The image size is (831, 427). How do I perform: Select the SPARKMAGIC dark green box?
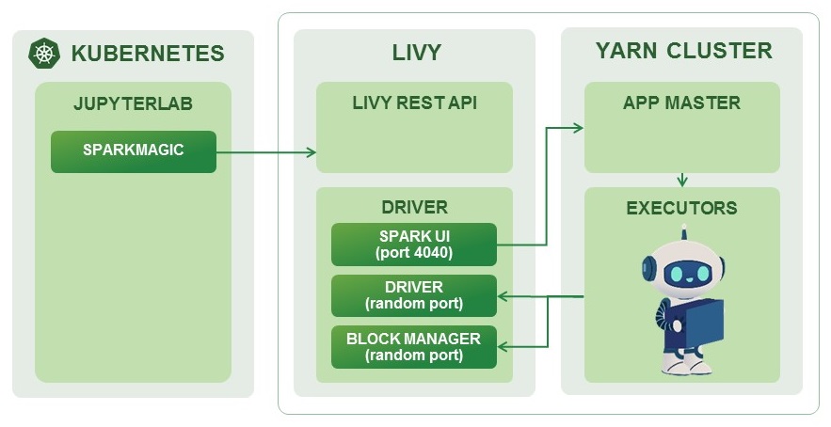(133, 151)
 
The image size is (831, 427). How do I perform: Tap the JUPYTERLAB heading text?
(133, 103)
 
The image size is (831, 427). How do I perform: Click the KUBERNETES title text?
(148, 53)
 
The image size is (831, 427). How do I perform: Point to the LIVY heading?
(416, 53)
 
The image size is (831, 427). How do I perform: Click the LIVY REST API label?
(415, 103)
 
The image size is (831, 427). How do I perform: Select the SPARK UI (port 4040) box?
(413, 245)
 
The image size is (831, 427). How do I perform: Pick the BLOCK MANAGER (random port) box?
(413, 346)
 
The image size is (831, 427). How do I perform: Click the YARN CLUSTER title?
(683, 51)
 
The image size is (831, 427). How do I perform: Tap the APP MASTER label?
(681, 103)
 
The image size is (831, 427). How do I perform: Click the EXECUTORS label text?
(681, 208)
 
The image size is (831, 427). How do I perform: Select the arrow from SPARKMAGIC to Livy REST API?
(266, 151)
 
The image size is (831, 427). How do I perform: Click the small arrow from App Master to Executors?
(681, 179)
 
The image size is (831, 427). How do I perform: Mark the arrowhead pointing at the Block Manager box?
(503, 347)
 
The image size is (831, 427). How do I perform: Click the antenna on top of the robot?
(684, 230)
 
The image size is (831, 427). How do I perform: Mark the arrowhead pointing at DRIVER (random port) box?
(503, 297)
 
